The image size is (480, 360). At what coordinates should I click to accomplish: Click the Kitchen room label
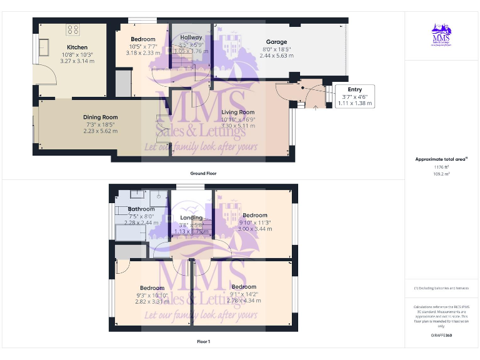77,47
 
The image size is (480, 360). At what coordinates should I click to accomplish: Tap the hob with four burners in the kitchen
72,29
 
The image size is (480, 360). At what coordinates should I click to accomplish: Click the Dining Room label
101,117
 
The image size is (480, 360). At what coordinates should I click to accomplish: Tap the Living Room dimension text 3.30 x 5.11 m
238,126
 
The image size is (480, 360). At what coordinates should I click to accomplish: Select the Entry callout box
354,96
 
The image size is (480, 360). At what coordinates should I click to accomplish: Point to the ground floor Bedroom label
143,39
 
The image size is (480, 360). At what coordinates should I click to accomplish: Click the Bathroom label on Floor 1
141,209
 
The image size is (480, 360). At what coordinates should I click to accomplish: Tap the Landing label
191,218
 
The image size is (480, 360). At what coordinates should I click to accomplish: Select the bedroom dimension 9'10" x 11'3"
255,222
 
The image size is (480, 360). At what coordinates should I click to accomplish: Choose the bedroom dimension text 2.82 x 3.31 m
152,301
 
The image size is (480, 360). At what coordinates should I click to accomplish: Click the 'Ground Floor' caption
203,173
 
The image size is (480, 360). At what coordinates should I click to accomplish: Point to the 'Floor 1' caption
203,342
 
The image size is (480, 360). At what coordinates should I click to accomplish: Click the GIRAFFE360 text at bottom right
441,336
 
